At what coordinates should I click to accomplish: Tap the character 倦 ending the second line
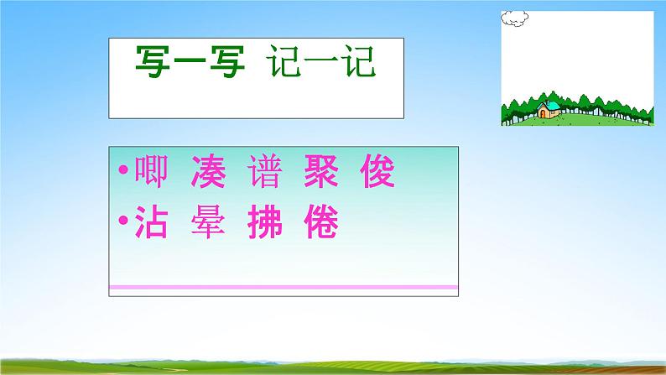pos(320,224)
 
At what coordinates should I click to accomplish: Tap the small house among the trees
pos(549,108)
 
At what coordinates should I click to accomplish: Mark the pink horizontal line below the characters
pos(284,288)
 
